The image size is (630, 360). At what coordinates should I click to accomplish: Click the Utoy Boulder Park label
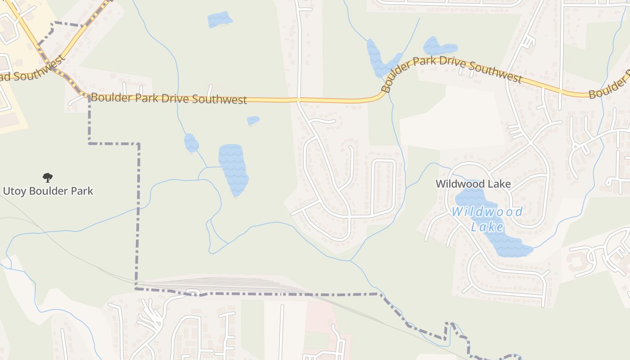48,191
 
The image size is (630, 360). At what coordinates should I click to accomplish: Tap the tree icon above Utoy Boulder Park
47,178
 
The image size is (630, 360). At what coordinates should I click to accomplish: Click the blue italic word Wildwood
487,212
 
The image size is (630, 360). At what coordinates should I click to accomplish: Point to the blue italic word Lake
487,226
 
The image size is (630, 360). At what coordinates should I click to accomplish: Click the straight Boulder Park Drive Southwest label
169,99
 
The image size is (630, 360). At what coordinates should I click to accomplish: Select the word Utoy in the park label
15,191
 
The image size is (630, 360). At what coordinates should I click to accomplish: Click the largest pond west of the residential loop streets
233,169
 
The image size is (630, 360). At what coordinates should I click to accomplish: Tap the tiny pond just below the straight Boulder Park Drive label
253,121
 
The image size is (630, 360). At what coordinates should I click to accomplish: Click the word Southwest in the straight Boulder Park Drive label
219,99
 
